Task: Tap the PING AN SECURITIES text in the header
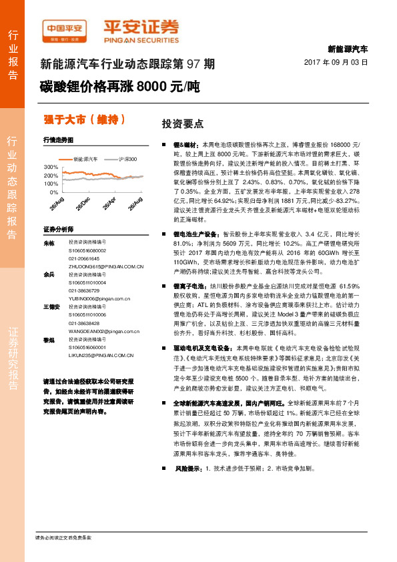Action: pos(140,39)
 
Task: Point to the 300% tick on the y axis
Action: pos(51,166)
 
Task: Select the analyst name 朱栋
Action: pos(48,244)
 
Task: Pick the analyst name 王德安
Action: pos(50,306)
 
